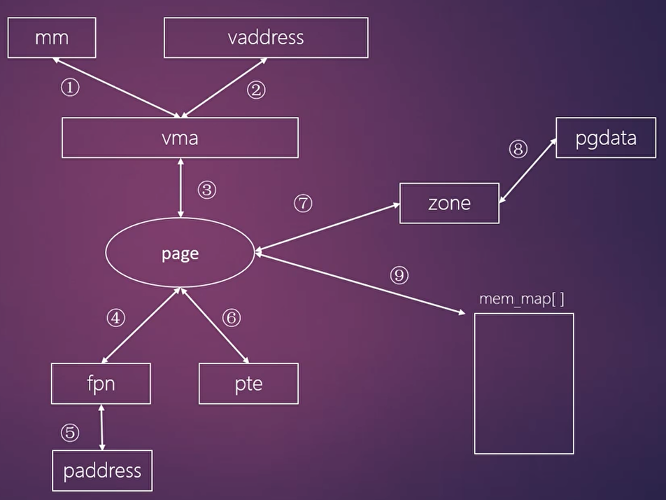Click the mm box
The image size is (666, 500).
click(52, 38)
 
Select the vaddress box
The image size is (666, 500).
click(266, 37)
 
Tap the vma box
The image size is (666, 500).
click(180, 137)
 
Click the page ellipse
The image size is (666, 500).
click(180, 254)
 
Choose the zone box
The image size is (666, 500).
click(449, 203)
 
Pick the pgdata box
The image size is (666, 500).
click(606, 138)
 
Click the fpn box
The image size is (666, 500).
click(101, 384)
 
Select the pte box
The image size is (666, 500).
click(248, 384)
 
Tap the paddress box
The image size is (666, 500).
click(102, 471)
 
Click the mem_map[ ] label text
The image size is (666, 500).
click(521, 299)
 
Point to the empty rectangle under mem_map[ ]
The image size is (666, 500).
click(524, 383)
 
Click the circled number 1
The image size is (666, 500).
click(70, 88)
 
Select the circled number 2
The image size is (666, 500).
click(256, 90)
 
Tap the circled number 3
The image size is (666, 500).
click(206, 190)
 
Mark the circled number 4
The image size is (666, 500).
click(115, 318)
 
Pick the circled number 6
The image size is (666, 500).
click(231, 318)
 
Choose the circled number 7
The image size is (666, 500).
click(302, 204)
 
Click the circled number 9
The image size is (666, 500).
click(399, 275)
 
